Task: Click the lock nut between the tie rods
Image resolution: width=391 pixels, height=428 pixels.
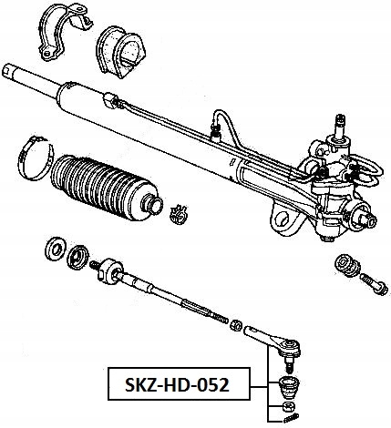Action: click(236, 325)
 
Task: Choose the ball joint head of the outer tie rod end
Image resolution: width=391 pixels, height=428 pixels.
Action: click(290, 346)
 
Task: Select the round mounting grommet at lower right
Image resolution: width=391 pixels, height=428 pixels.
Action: click(345, 266)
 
